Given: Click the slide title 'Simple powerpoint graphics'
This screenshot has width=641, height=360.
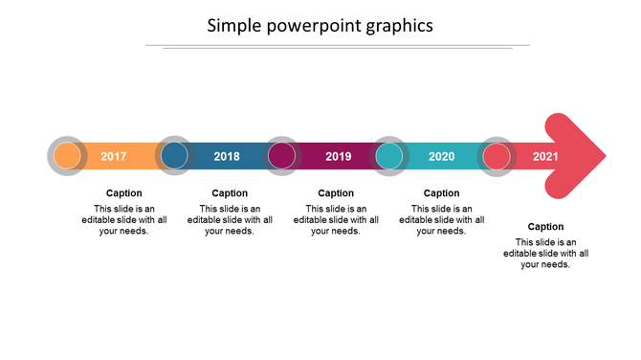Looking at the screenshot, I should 320,26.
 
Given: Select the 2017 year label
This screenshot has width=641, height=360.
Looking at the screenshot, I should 114,156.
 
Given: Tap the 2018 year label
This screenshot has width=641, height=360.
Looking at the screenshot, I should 227,156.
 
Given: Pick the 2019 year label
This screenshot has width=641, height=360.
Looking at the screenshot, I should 338,156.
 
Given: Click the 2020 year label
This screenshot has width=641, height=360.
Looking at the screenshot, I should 441,156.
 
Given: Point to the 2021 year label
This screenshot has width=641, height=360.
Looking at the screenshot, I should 545,156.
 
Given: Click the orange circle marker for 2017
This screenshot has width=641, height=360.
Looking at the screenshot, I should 67,155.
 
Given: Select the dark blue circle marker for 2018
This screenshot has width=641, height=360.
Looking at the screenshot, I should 174,155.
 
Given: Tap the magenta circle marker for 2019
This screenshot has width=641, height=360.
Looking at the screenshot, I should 281,155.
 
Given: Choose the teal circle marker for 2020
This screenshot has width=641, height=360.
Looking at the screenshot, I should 389,155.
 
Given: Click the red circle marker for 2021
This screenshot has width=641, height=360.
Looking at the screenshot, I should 497,155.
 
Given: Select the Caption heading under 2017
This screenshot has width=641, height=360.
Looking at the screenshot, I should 123,193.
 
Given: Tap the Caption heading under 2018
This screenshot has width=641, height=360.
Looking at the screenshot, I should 230,193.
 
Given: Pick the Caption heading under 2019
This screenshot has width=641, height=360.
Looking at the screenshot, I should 336,193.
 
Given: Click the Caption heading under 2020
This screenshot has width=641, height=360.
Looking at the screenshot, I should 441,193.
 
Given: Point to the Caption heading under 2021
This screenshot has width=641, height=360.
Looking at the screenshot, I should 545,227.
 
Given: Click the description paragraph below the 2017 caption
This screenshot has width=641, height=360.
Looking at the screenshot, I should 123,219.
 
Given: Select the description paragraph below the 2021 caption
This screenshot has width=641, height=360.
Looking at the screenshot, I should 545,254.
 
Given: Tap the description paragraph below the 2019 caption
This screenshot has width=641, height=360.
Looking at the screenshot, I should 336,219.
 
